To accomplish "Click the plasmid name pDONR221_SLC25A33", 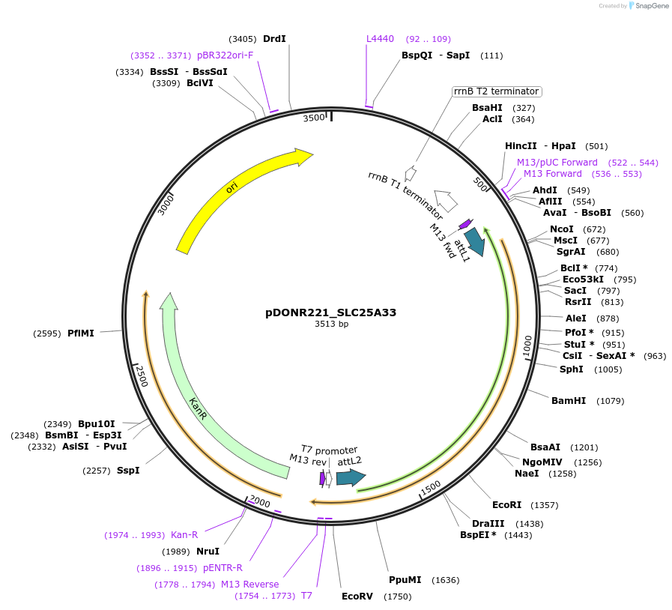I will (330, 312).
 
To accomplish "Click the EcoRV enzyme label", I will (357, 597).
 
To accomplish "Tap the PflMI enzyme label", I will (81, 333).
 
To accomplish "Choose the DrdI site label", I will (274, 39).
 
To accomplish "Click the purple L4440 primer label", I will (380, 39).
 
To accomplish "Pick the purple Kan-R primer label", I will (184, 535).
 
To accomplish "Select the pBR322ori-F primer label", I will (225, 55).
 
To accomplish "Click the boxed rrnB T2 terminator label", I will (496, 91).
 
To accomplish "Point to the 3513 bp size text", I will (331, 324).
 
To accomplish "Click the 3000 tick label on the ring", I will (166, 203).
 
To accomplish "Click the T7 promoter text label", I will (329, 450).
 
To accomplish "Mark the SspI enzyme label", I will (128, 471).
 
